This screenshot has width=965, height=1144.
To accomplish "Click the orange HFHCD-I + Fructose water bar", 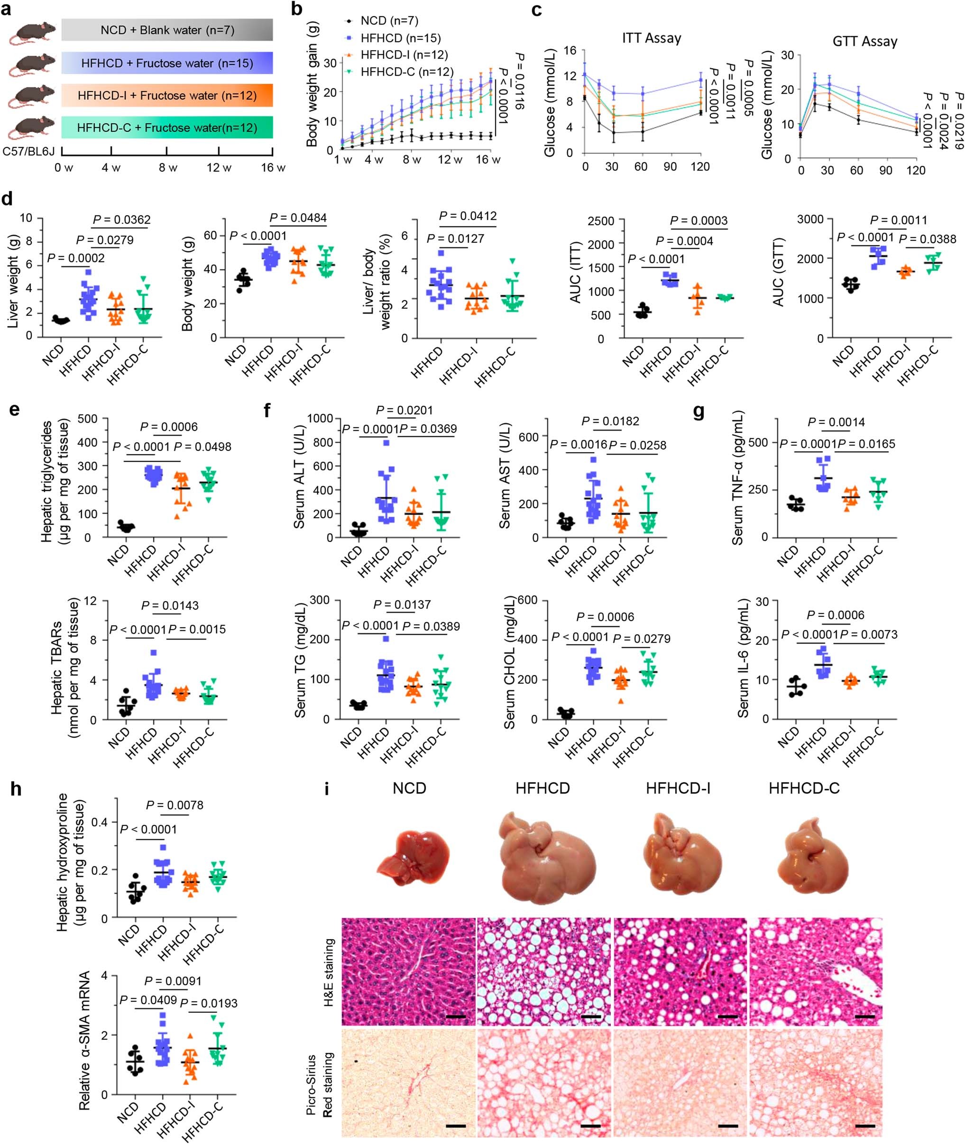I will [x=167, y=95].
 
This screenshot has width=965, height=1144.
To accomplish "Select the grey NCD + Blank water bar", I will [x=167, y=29].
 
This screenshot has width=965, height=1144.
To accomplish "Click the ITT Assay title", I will [x=651, y=38].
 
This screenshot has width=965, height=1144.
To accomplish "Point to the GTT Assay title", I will [x=864, y=42].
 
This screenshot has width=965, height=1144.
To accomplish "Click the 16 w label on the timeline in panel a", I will [x=273, y=168].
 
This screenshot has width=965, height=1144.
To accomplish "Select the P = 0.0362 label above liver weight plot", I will [x=121, y=220].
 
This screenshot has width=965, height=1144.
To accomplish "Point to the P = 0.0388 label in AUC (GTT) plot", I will [x=927, y=239].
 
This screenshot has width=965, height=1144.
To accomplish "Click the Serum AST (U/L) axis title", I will [x=505, y=476].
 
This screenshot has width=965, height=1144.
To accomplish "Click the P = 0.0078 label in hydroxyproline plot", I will [x=175, y=805].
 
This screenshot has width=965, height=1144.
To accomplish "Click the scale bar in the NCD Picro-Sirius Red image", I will [x=456, y=1126].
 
